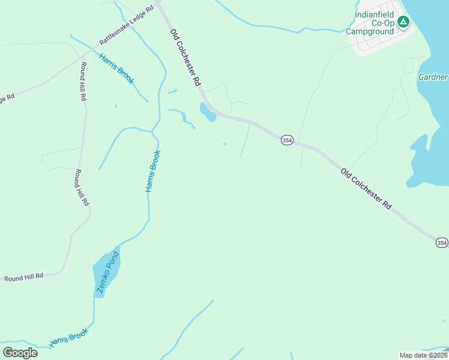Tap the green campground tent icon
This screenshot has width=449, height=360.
click(403, 23)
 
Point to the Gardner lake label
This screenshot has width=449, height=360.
click(433, 77)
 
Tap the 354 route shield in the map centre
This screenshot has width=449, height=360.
click(286, 140)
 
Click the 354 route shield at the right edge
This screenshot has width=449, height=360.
click(441, 242)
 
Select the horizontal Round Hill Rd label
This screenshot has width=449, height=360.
click(24, 277)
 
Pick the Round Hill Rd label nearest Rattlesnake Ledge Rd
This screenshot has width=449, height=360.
click(83, 81)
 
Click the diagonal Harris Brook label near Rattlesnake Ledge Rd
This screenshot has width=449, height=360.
click(116, 69)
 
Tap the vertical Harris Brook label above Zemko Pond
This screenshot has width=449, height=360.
click(153, 171)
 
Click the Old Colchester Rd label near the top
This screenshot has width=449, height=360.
click(184, 58)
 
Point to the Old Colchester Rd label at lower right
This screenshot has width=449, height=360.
click(366, 188)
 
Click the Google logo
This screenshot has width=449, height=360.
click(20, 353)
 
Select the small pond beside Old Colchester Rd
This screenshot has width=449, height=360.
click(207, 112)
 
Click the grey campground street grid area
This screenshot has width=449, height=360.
click(378, 42)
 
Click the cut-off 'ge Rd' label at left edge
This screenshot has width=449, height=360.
click(7, 98)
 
